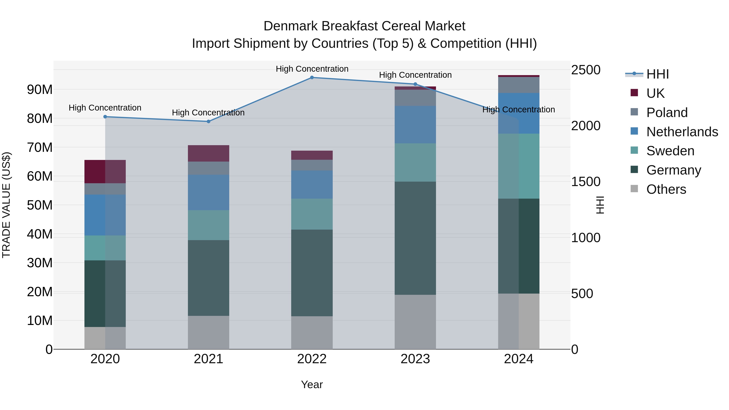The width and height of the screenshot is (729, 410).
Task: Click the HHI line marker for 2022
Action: (312, 77)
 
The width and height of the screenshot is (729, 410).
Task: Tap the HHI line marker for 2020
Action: (105, 117)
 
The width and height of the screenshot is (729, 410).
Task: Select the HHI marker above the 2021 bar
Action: (208, 121)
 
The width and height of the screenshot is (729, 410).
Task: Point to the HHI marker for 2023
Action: (415, 84)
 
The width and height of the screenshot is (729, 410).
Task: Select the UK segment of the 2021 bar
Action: (208, 153)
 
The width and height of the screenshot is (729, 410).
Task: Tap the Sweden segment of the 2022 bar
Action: (312, 214)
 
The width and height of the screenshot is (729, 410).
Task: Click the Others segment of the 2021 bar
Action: (208, 332)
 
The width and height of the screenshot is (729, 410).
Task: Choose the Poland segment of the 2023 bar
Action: (415, 98)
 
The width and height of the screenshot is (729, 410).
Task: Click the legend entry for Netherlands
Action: (682, 132)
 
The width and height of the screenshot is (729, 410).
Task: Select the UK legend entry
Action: (655, 93)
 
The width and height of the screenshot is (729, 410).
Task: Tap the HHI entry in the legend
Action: (657, 74)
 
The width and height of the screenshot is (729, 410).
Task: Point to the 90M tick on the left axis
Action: (40, 89)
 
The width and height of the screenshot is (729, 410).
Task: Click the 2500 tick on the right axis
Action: (585, 70)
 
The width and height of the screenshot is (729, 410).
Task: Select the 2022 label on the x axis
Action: (312, 359)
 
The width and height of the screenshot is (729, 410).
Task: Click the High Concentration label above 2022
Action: (312, 69)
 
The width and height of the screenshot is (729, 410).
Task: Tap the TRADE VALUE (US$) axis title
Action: (6, 205)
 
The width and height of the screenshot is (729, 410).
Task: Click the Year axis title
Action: (312, 384)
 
